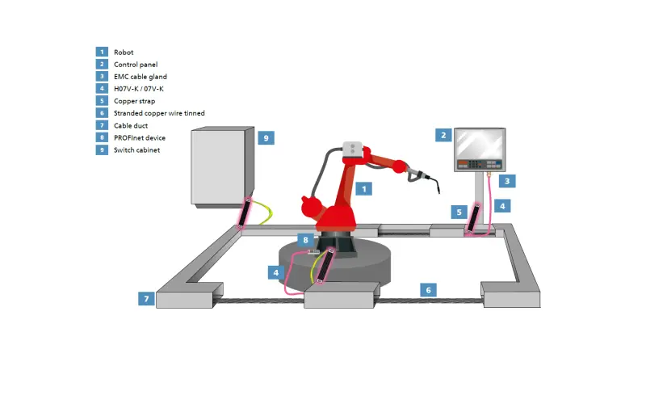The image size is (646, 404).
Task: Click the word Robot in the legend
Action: [124, 52]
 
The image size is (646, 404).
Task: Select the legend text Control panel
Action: [135, 64]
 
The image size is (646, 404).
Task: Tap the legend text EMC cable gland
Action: [140, 76]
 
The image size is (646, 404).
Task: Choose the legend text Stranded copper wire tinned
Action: [158, 113]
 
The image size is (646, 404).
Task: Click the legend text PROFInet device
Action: [139, 138]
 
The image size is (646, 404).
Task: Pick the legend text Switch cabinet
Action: [136, 150]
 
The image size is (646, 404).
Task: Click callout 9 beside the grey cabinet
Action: [266, 137]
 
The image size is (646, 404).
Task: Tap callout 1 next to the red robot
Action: [363, 188]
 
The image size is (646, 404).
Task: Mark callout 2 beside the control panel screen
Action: [442, 134]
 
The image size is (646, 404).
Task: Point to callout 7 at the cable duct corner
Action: [145, 299]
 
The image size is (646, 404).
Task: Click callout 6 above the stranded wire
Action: [430, 288]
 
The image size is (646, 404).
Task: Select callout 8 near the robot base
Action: [305, 240]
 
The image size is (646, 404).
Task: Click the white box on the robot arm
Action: [352, 150]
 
